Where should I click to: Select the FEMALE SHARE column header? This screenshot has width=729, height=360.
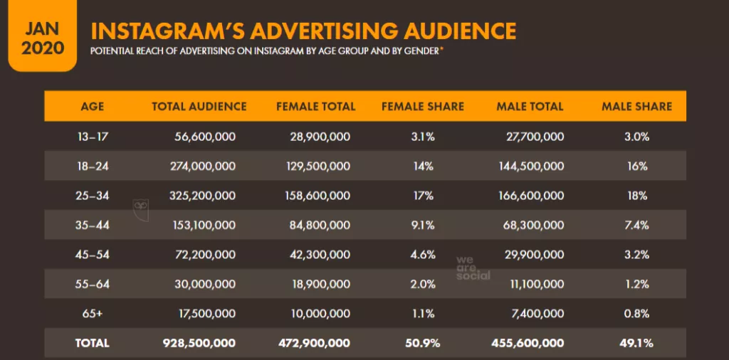point(422,107)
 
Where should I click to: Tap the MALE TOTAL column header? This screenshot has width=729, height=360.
point(530,107)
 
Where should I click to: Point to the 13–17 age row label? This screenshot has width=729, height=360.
point(93,137)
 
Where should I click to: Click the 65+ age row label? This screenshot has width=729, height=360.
point(93,313)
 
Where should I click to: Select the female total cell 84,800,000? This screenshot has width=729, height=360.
point(320,225)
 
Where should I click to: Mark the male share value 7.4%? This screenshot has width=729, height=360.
point(636,225)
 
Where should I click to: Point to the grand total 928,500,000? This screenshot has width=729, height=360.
point(200,343)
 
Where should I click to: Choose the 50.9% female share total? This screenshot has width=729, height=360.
point(423,343)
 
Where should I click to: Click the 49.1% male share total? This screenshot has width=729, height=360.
point(636,343)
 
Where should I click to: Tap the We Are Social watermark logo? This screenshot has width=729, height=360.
point(473,267)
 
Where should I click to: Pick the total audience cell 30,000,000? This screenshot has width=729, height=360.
point(206,284)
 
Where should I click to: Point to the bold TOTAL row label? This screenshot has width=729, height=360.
point(93,343)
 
